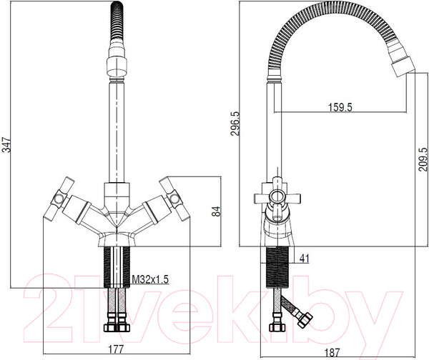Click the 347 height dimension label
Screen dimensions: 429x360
point(6,145)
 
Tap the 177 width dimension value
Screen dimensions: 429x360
point(116,349)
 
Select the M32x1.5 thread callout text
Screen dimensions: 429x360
point(150,279)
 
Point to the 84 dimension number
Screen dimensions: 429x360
point(216,211)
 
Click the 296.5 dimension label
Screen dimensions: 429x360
point(235,124)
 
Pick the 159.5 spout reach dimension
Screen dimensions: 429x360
point(340,107)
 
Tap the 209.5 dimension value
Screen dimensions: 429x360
point(423,159)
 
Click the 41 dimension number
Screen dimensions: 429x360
point(305,259)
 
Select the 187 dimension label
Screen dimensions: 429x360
point(332,352)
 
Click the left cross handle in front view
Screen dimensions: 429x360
point(59,198)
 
